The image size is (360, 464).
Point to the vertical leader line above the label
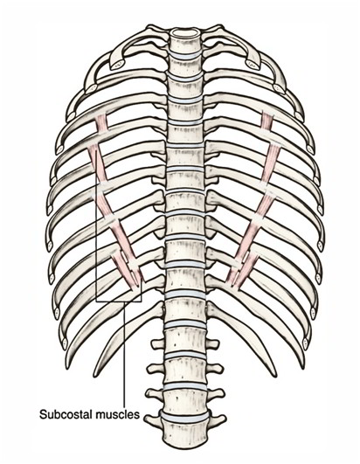(124, 355)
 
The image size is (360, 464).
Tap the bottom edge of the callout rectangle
(119, 301)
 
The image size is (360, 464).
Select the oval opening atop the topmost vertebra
(185, 31)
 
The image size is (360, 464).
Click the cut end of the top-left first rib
(117, 63)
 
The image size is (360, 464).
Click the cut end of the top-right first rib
(253, 63)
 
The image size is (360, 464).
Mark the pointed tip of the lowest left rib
(95, 375)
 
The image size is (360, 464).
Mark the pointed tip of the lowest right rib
(274, 375)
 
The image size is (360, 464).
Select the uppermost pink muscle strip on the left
(101, 123)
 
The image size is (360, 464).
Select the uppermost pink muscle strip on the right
(267, 121)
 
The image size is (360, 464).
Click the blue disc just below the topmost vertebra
(185, 55)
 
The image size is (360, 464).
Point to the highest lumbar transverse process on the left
(158, 344)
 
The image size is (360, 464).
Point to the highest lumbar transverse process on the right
(212, 344)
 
